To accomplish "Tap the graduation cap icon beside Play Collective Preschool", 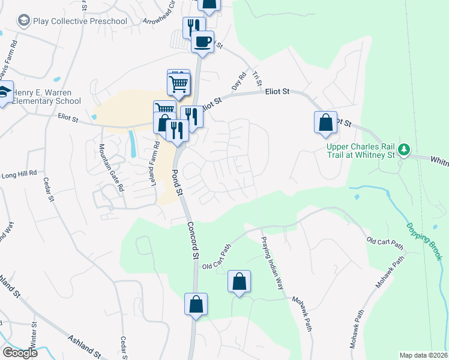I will (x=24, y=22).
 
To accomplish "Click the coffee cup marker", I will (x=202, y=42).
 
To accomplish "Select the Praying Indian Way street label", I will (x=272, y=263).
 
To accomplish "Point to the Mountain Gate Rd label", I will (x=112, y=169).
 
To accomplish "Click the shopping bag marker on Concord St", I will (x=196, y=304).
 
